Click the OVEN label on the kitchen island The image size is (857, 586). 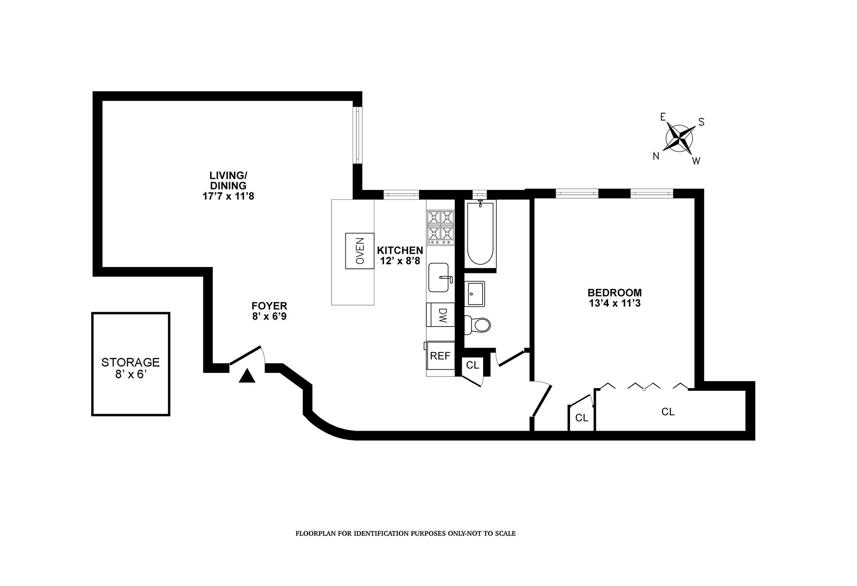click(359, 251)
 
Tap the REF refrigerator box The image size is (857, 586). click(440, 356)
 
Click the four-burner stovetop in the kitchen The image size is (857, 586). click(441, 228)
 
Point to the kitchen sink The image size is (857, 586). click(439, 277)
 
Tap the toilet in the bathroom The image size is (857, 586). click(478, 325)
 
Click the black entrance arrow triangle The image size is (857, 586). click(247, 377)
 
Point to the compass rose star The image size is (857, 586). click(679, 138)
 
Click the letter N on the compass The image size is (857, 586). click(656, 156)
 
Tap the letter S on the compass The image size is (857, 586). click(701, 122)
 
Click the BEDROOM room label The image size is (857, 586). click(615, 293)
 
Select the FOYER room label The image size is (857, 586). click(269, 306)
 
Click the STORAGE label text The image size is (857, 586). click(130, 362)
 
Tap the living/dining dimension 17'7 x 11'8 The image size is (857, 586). click(228, 196)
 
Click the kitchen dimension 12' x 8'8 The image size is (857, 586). click(400, 261)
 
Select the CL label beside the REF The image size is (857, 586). click(472, 365)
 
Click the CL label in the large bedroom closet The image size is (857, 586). click(668, 411)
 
